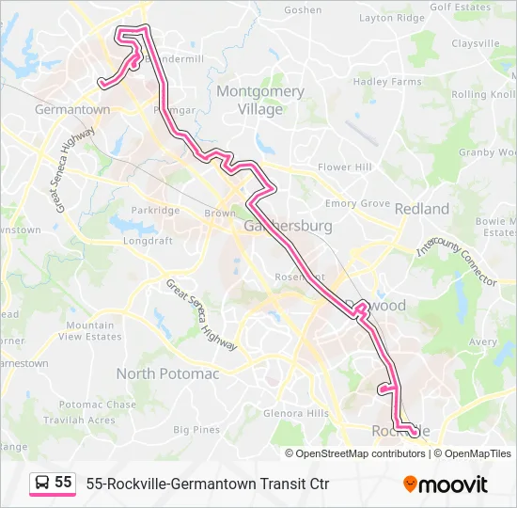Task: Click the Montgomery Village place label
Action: pos(260,100)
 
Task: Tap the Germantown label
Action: pos(71,109)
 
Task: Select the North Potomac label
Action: pos(167,373)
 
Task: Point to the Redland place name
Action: pos(422,208)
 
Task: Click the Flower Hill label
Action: pos(345,167)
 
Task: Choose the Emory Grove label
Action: pos(357,203)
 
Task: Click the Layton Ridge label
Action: pos(392,18)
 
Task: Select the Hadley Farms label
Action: pos(387,82)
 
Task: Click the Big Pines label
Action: pos(196,430)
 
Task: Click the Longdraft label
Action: pos(149,240)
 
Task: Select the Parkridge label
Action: pos(155,211)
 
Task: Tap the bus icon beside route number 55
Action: pos(42,484)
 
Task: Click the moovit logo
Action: pos(446,484)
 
